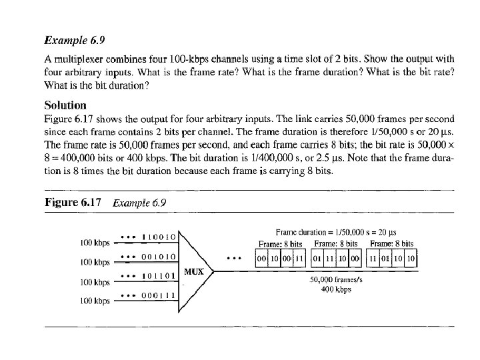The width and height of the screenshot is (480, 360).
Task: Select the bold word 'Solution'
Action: coord(65,105)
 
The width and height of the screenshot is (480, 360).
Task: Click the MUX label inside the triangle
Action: coord(193,272)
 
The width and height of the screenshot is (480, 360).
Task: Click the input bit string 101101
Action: coord(158,275)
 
